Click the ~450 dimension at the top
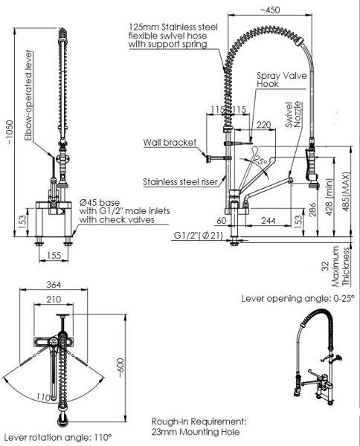(x=270, y=10)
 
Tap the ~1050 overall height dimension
(x=10, y=132)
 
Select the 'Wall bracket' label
(x=170, y=143)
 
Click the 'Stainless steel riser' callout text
(x=180, y=182)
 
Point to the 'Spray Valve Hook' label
(x=282, y=80)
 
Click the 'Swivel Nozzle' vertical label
(x=293, y=114)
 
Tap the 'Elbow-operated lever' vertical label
(x=28, y=95)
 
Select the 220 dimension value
(x=264, y=125)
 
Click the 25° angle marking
(x=260, y=161)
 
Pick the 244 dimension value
(x=268, y=221)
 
